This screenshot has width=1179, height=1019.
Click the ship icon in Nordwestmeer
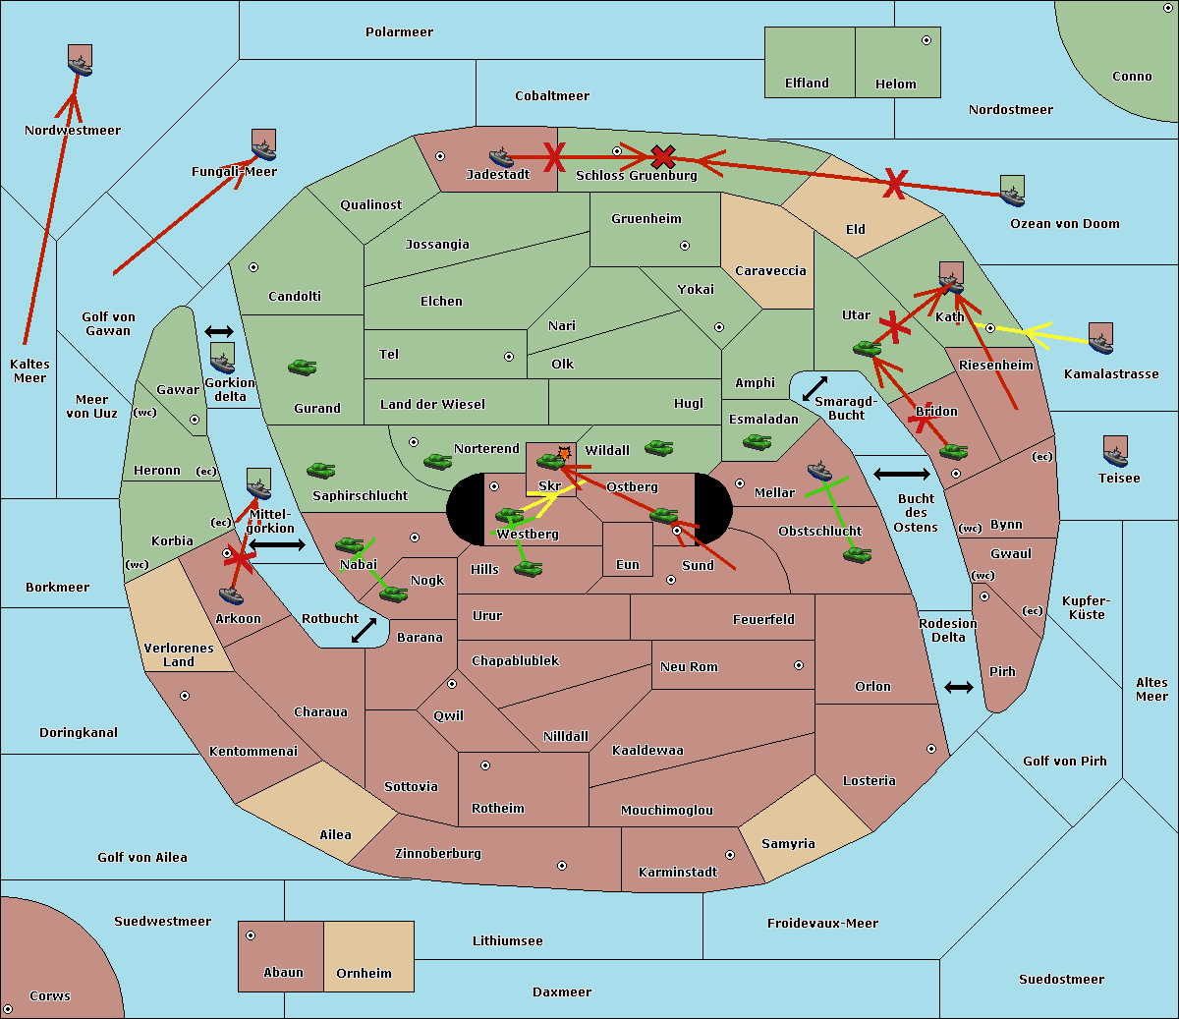[80, 65]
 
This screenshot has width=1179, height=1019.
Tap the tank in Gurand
[303, 367]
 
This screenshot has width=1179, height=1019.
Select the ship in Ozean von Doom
[1012, 196]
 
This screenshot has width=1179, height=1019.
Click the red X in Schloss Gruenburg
[663, 157]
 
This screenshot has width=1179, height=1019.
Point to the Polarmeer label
[399, 32]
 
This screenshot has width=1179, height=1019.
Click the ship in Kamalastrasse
[1100, 343]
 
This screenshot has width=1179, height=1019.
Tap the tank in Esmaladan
[758, 441]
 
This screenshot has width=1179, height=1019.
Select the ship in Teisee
[1116, 456]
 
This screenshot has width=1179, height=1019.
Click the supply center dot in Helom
[926, 40]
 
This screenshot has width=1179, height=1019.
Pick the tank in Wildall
[659, 448]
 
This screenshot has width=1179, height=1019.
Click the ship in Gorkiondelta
[222, 362]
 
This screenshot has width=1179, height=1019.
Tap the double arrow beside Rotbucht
[364, 630]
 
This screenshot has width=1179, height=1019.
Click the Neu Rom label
[689, 666]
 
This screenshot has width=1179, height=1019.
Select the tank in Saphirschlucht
[320, 470]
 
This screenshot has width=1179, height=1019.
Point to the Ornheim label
[364, 973]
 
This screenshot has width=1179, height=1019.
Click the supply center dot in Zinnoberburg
[562, 866]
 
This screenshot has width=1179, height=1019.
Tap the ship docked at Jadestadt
[501, 156]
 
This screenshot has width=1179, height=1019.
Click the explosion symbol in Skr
[564, 453]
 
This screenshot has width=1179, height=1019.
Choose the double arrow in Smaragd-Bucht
[814, 388]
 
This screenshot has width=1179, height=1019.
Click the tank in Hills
[529, 568]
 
